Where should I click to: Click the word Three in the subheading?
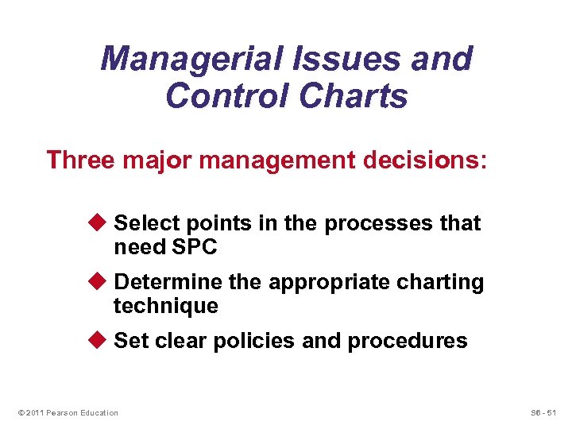coord(81,160)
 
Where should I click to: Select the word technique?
coord(165,306)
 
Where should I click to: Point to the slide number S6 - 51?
coord(543,412)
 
